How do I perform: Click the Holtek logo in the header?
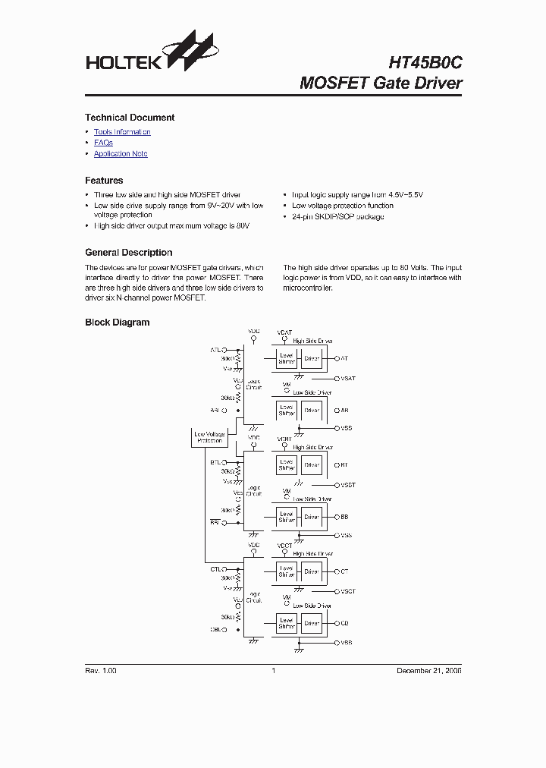tap(151, 53)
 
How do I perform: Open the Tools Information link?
tap(122, 132)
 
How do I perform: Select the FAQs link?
tap(103, 143)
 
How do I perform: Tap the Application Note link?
tap(121, 154)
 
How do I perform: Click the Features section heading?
tap(104, 181)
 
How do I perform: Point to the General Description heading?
tap(128, 253)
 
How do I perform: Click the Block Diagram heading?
tap(117, 323)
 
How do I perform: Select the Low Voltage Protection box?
tap(209, 437)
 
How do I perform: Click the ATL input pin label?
tap(215, 350)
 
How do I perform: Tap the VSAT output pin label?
tap(348, 378)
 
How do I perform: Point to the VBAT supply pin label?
tap(284, 332)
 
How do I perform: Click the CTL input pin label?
tap(215, 569)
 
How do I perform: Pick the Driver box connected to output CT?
tap(312, 571)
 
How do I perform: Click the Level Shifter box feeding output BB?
tap(287, 517)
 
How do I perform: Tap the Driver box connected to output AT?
tap(312, 358)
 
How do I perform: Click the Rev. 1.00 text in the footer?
tap(101, 671)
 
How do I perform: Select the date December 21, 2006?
tap(429, 671)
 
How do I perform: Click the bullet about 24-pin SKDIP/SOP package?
tap(338, 217)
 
